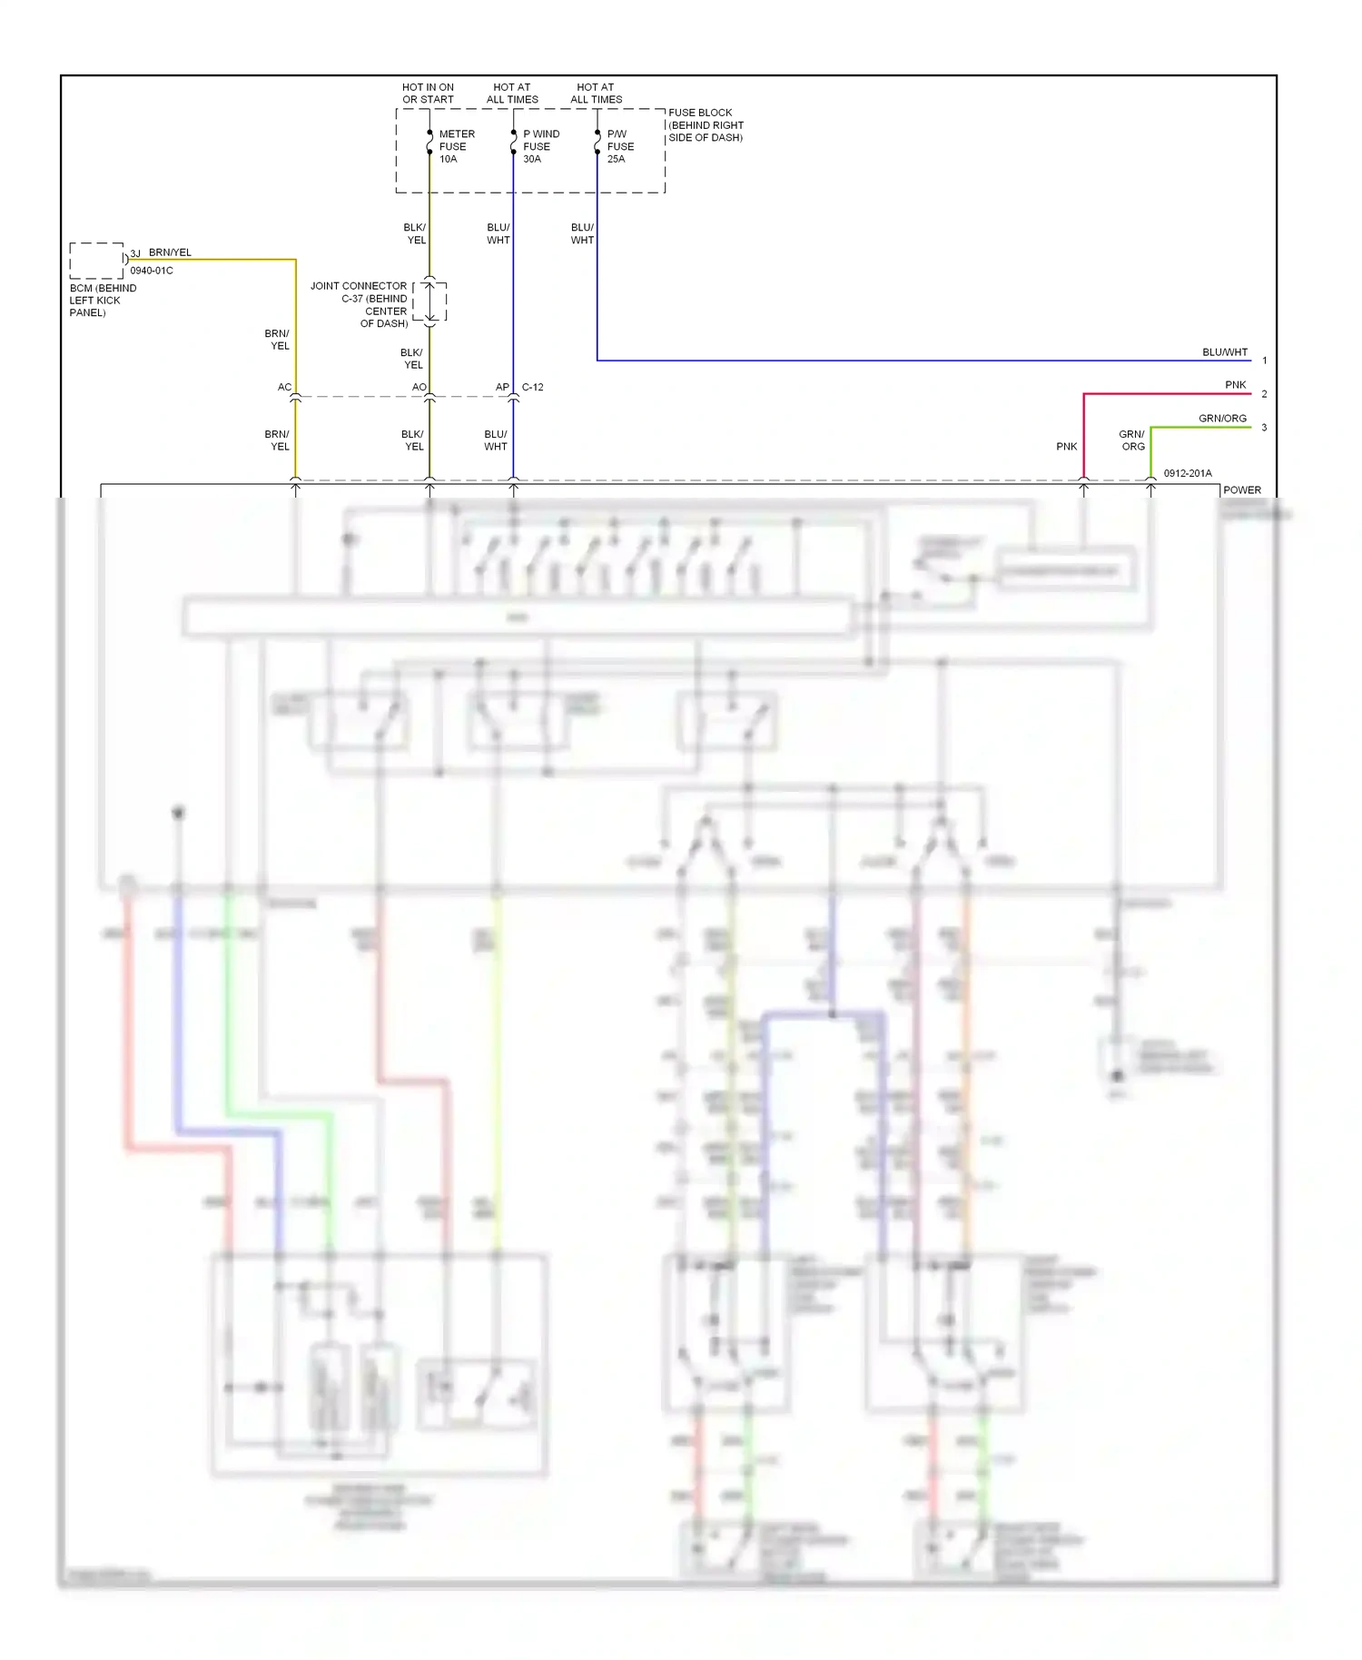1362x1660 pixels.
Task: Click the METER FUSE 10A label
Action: pyautogui.click(x=456, y=146)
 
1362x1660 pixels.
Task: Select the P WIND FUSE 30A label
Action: pyautogui.click(x=540, y=146)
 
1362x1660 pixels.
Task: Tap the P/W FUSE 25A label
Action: pyautogui.click(x=620, y=146)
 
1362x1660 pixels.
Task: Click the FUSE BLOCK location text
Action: pyautogui.click(x=706, y=125)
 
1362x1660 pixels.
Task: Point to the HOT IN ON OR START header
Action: pyautogui.click(x=428, y=94)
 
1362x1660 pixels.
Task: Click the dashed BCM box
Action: pyautogui.click(x=96, y=261)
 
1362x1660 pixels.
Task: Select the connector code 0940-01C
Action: pyautogui.click(x=152, y=271)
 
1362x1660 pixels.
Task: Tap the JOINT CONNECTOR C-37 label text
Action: pyautogui.click(x=360, y=304)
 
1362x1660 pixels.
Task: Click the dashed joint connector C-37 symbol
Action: pyautogui.click(x=430, y=301)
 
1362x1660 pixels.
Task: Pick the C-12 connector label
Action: pyautogui.click(x=533, y=387)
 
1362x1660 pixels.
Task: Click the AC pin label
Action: pyautogui.click(x=284, y=387)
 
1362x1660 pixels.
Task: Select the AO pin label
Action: pyautogui.click(x=419, y=387)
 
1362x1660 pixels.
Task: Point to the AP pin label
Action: pyautogui.click(x=502, y=387)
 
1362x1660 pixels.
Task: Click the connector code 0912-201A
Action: pyautogui.click(x=1187, y=473)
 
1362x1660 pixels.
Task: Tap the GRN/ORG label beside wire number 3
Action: pyautogui.click(x=1222, y=419)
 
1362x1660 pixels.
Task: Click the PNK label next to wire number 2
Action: pyautogui.click(x=1235, y=385)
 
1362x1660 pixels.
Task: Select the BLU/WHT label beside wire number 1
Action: pyautogui.click(x=1225, y=352)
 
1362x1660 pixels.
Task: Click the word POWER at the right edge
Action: pyautogui.click(x=1241, y=490)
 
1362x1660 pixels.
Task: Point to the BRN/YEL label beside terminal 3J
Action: pyautogui.click(x=170, y=252)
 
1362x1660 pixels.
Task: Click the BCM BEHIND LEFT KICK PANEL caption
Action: pyautogui.click(x=102, y=301)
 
